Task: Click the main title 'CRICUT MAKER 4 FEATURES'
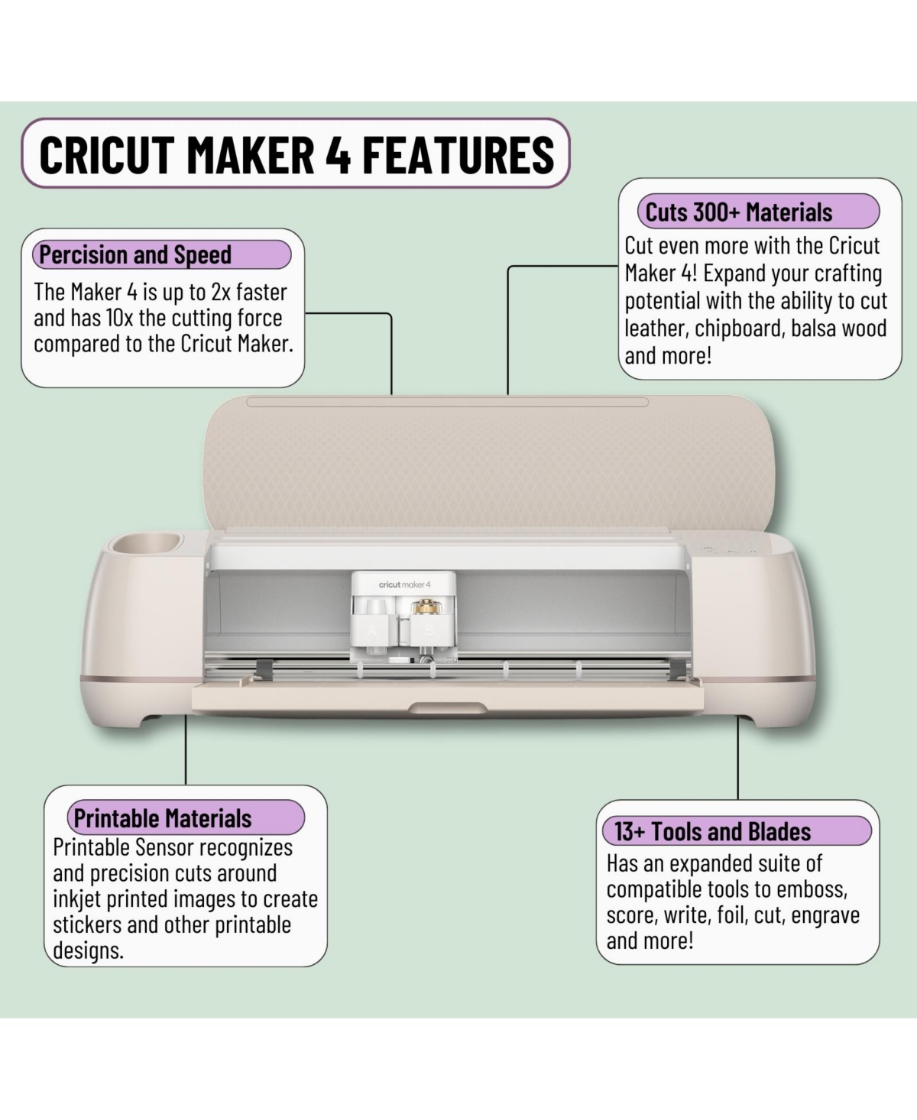pyautogui.click(x=296, y=154)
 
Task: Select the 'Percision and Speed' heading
pyautogui.click(x=135, y=254)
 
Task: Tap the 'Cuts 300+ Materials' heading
pyautogui.click(x=738, y=212)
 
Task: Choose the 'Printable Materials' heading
pyautogui.click(x=163, y=818)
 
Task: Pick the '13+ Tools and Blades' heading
pyautogui.click(x=712, y=831)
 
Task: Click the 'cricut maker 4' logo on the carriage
pyautogui.click(x=404, y=584)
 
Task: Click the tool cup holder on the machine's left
pyautogui.click(x=144, y=545)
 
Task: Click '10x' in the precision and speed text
pyautogui.click(x=119, y=318)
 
